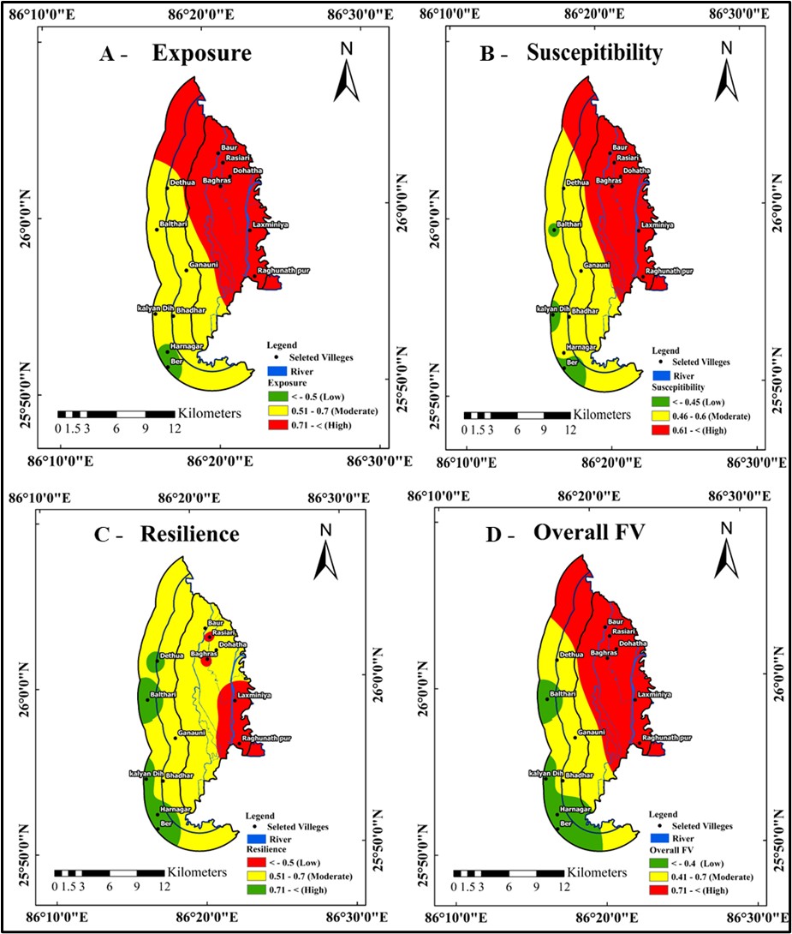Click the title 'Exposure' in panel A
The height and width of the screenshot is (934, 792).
[x=201, y=54]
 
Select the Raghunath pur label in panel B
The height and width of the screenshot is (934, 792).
[x=669, y=271]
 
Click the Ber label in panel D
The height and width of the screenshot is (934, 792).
[x=565, y=823]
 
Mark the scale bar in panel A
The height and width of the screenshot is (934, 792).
[x=116, y=414]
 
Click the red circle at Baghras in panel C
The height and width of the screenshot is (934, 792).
[x=205, y=661]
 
